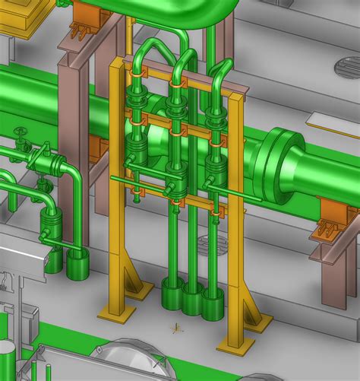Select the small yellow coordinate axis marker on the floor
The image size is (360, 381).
pos(175,329)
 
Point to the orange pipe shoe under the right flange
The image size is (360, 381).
pos(333,215)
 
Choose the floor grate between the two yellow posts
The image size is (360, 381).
pos(210,244)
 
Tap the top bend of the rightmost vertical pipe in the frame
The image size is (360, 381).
pos(221,68)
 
